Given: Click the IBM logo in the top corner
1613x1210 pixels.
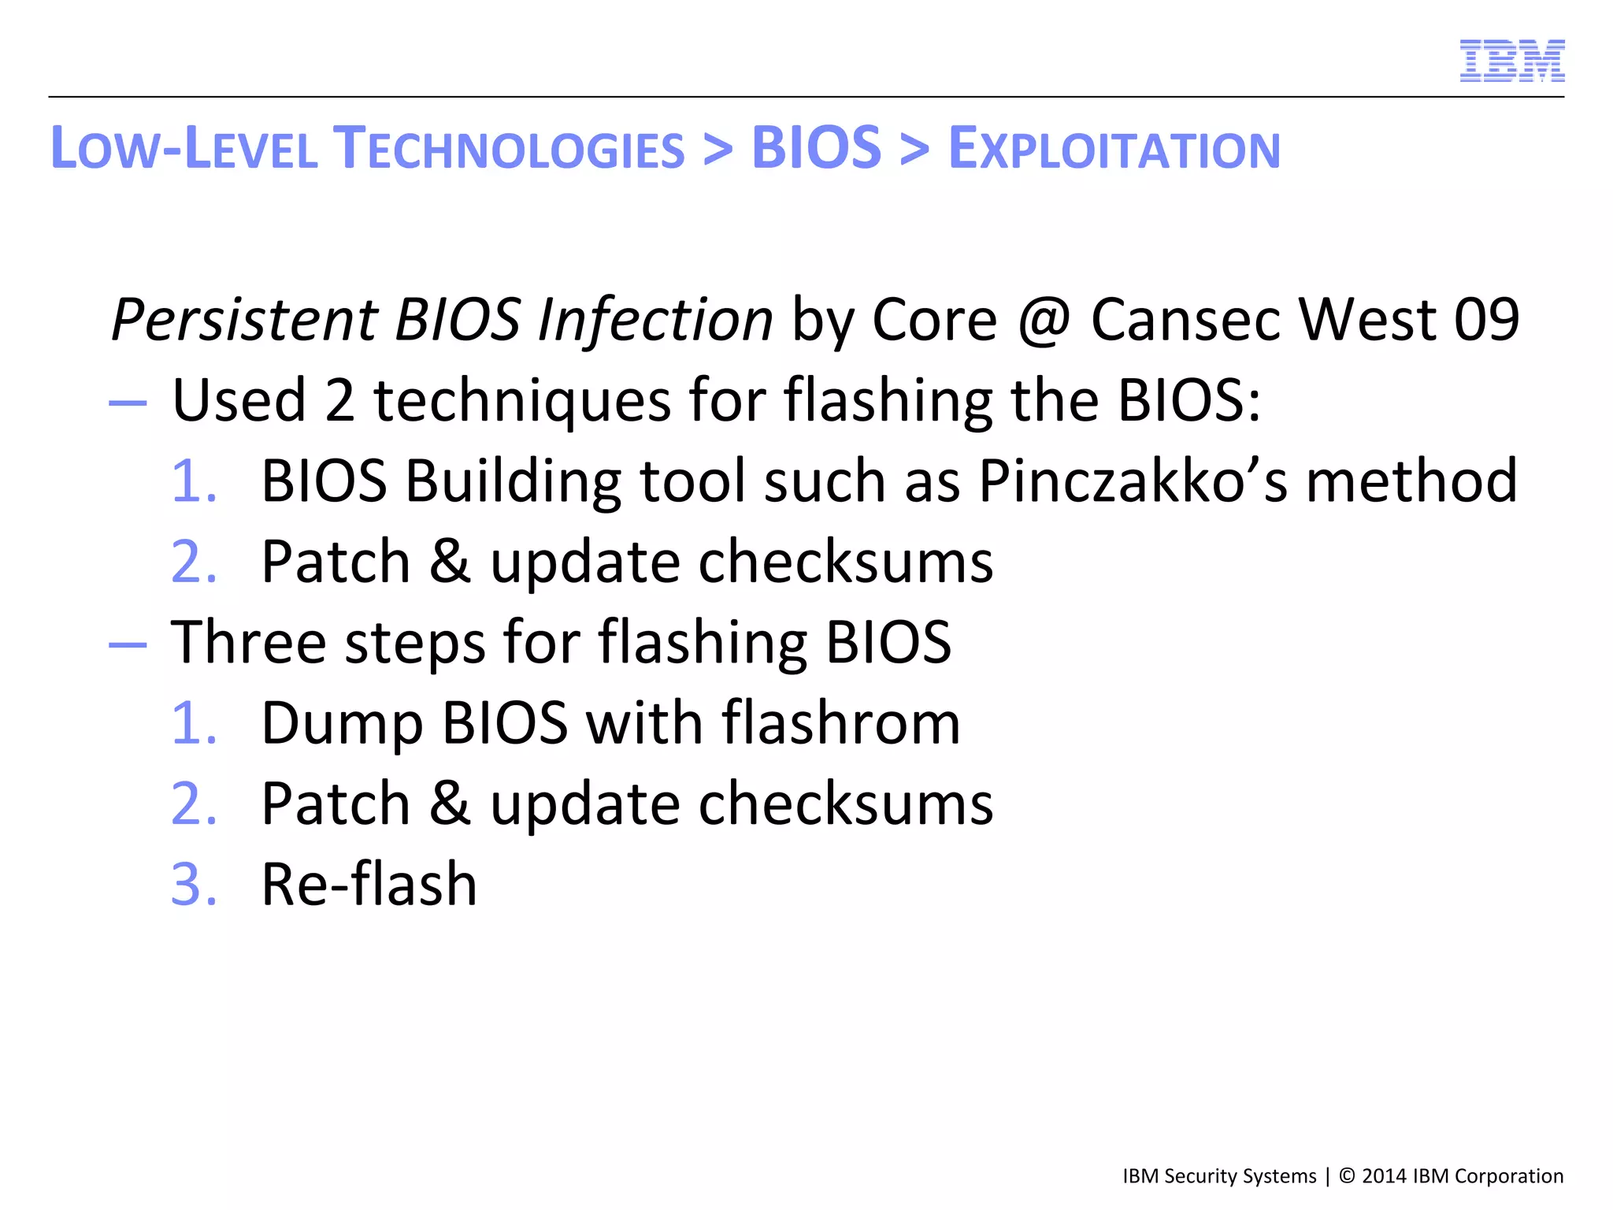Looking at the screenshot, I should [x=1511, y=61].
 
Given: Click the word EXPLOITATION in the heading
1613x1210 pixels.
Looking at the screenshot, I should [x=1114, y=149].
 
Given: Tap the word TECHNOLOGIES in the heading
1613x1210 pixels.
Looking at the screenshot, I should [x=509, y=149].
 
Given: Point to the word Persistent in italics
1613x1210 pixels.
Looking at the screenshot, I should [x=244, y=320].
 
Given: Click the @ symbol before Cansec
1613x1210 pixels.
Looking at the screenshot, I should [x=1044, y=320].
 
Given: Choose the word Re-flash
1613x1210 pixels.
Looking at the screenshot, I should [x=369, y=884].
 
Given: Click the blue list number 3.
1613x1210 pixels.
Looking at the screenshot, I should [x=192, y=884].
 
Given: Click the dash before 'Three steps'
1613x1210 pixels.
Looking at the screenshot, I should [x=128, y=644].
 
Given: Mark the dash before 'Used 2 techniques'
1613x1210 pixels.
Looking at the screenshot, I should [x=128, y=403].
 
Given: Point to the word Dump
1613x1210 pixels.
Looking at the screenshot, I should [x=342, y=723].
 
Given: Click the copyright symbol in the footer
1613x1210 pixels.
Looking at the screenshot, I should [x=1347, y=1176].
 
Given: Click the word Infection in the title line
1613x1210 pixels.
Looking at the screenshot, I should [x=655, y=320].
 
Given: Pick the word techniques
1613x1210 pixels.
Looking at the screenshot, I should [x=521, y=402].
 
